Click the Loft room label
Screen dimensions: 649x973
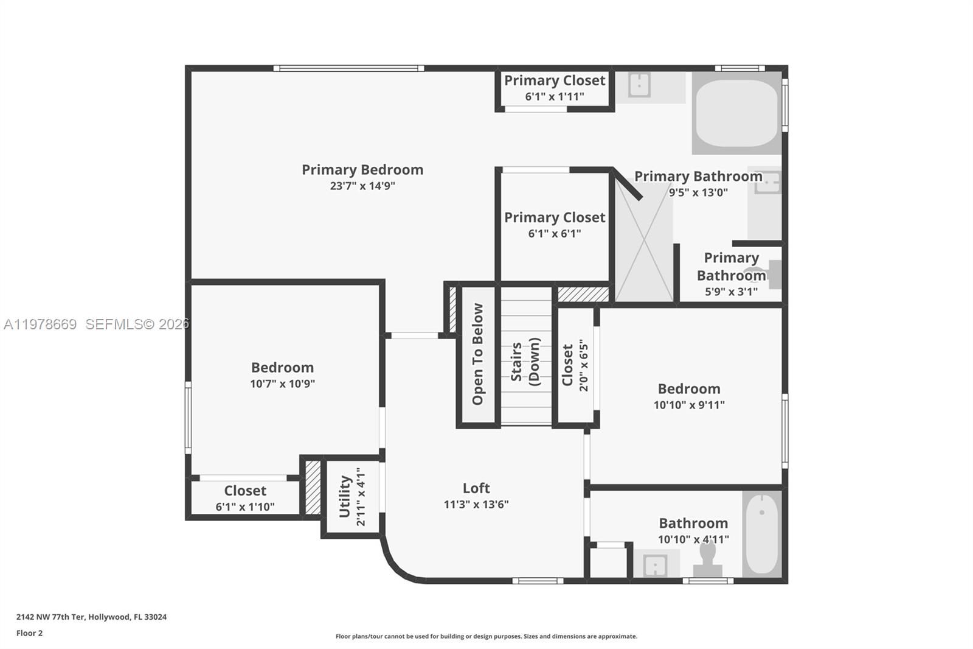[x=476, y=488]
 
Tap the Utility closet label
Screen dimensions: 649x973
[x=345, y=497]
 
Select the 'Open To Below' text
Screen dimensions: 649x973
[x=478, y=354]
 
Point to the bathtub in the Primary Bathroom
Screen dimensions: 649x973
[x=736, y=113]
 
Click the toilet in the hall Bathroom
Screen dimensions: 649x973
[x=707, y=558]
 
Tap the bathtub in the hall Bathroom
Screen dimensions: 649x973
[x=761, y=533]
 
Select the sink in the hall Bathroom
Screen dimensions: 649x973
[x=656, y=564]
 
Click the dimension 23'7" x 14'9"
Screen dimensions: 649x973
[x=362, y=186]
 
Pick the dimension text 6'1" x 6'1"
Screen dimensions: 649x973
[x=555, y=233]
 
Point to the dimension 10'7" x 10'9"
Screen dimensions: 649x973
[x=282, y=384]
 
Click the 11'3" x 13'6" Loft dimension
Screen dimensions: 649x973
[x=476, y=504]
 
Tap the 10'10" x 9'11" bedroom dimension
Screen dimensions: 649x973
[x=689, y=405]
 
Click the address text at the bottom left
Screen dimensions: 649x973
[x=91, y=617]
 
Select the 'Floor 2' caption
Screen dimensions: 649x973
[x=29, y=633]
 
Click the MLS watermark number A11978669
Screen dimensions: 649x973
[x=40, y=324]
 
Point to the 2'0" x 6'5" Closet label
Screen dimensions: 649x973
[x=575, y=365]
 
